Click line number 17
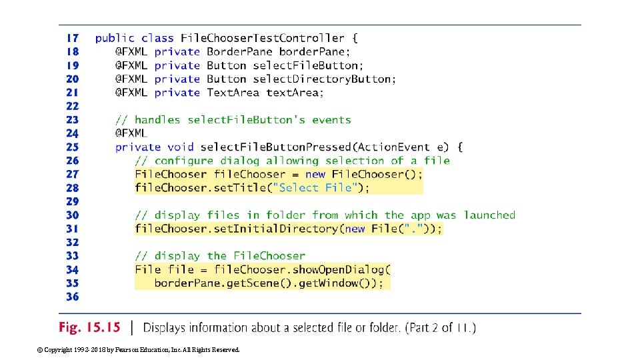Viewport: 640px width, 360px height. coord(71,38)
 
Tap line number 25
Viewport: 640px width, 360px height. coord(71,147)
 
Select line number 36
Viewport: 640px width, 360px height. coord(71,297)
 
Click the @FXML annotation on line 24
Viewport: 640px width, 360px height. coord(131,133)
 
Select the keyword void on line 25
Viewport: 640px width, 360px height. coord(180,147)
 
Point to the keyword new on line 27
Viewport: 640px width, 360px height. coord(315,174)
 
